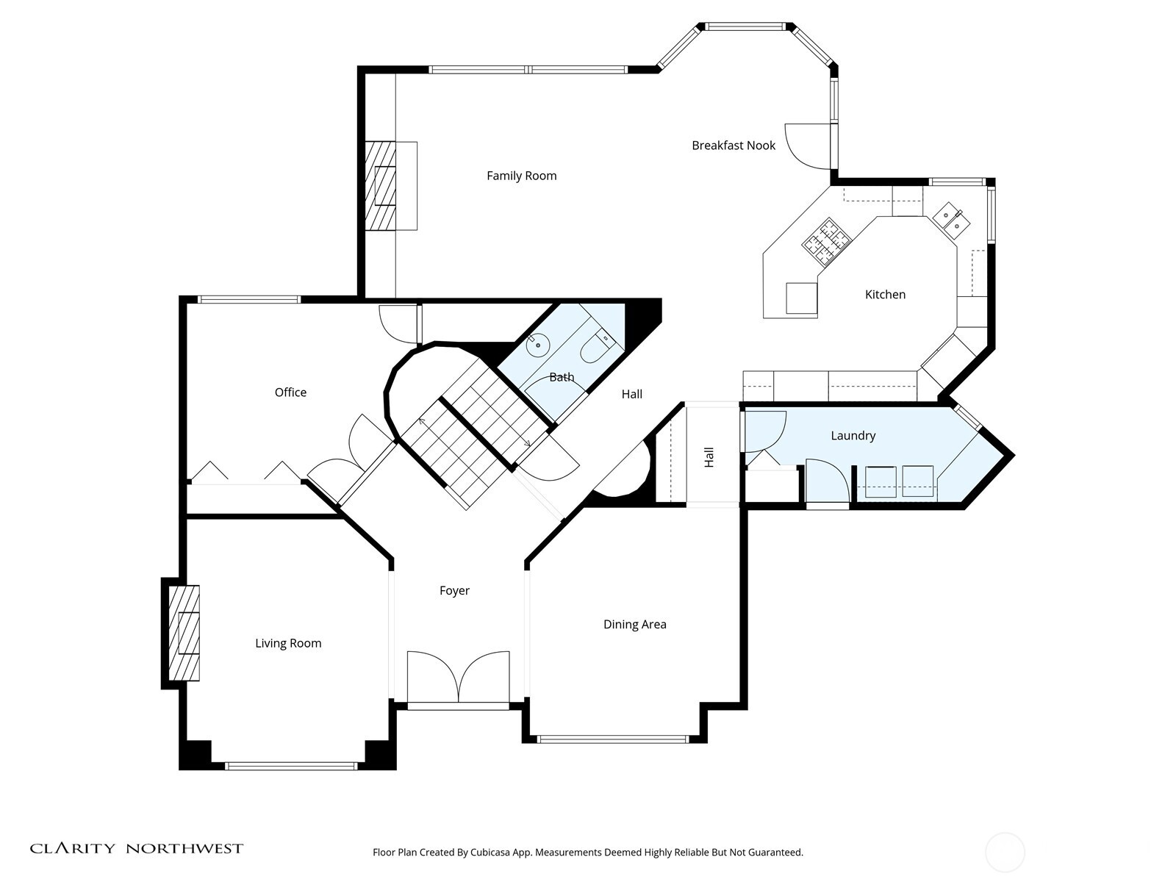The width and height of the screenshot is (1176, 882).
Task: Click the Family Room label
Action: (x=521, y=176)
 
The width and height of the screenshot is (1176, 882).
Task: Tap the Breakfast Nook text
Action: (x=733, y=146)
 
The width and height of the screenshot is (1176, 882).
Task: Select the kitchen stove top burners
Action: (x=826, y=241)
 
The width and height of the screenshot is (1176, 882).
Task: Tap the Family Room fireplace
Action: (x=382, y=186)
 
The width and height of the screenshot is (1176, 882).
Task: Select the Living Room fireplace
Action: (x=184, y=633)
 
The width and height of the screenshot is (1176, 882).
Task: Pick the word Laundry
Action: (x=853, y=436)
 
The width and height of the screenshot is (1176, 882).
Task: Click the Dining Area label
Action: (x=634, y=625)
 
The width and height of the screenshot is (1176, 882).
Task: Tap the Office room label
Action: (x=290, y=392)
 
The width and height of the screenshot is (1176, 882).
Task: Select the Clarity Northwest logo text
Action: (x=136, y=849)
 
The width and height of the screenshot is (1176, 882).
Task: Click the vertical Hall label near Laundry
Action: (x=709, y=457)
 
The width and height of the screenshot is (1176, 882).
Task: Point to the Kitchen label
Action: (x=885, y=295)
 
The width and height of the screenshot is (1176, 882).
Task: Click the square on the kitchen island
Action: (x=801, y=298)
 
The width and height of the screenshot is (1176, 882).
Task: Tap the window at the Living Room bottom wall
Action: (x=291, y=766)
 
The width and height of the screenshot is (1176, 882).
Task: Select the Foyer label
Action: (x=454, y=591)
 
